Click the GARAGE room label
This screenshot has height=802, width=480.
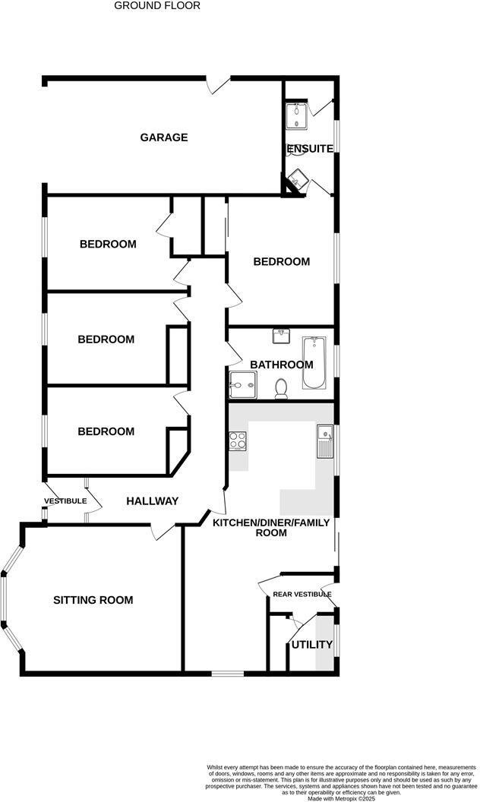pos(163,137)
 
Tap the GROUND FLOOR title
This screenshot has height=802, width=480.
pos(157,5)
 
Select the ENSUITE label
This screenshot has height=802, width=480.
pos(310,149)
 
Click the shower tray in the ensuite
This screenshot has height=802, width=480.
pos(296,116)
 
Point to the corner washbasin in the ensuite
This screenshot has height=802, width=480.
pos(295,181)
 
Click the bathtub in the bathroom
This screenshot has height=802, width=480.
pos(314,364)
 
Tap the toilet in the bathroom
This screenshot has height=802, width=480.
pos(281,387)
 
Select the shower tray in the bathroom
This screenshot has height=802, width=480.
pos(242,385)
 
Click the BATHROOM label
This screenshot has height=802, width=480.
pos(282,365)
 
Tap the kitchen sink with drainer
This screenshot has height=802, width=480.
pos(324,441)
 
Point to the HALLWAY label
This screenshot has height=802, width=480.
pos(152,500)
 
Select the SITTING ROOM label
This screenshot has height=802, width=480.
pos(93,600)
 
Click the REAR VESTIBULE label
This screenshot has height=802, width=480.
pos(302,594)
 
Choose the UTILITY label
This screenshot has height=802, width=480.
pos(312,645)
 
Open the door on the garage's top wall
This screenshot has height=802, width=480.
pos(218,83)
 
